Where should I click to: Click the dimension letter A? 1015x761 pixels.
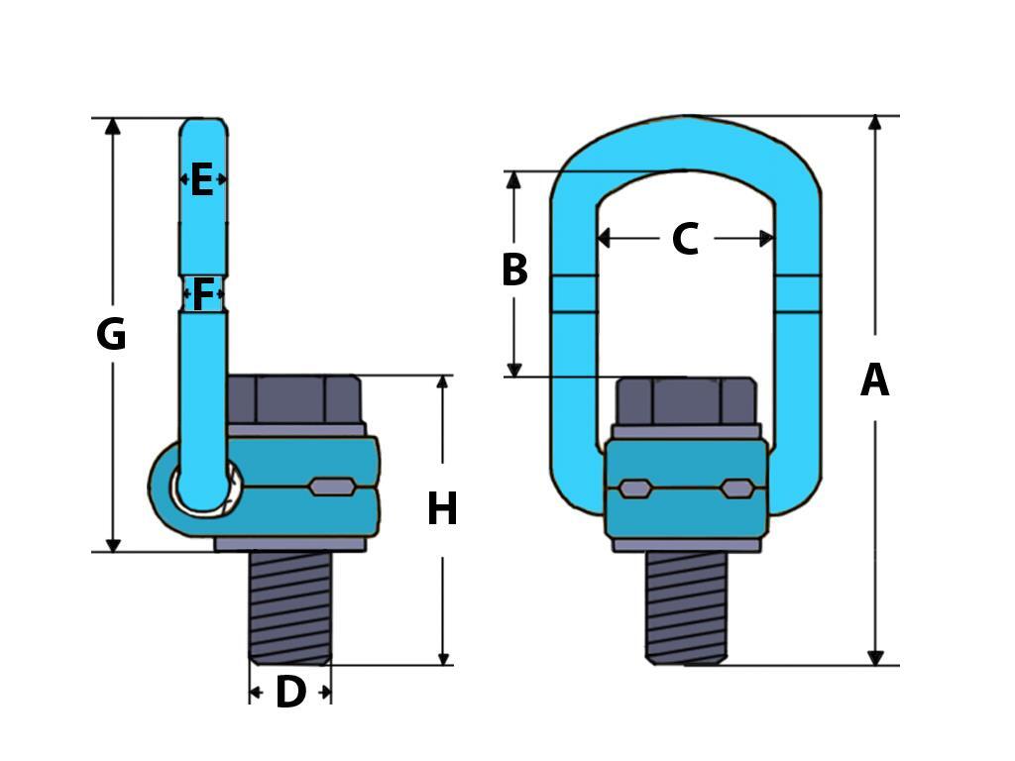(874, 380)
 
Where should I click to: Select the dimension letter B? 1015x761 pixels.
(513, 271)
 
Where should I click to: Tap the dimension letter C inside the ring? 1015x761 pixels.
(684, 240)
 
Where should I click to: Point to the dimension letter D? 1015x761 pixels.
(289, 693)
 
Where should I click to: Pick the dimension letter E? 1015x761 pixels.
(202, 180)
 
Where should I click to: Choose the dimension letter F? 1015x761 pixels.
(203, 294)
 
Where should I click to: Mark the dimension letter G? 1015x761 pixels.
(111, 335)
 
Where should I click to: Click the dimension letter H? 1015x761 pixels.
(442, 509)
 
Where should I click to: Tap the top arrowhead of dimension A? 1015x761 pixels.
(874, 123)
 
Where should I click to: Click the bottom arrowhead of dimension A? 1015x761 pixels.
(875, 657)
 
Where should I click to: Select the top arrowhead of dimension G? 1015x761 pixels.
(113, 126)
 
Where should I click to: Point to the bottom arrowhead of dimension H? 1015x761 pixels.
(443, 658)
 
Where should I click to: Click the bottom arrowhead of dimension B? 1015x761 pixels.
(513, 370)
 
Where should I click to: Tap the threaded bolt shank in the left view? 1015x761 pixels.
(289, 606)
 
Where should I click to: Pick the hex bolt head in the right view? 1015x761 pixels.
(686, 400)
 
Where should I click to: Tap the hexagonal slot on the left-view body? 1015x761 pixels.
(332, 487)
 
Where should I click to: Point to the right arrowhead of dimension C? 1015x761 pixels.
(766, 239)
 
